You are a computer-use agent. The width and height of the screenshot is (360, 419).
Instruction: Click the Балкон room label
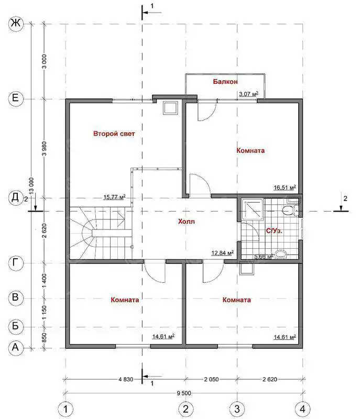pyautogui.click(x=225, y=82)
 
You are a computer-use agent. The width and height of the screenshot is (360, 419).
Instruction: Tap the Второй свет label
pyautogui.click(x=114, y=134)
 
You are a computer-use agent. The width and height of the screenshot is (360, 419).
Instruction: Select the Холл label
pyautogui.click(x=186, y=222)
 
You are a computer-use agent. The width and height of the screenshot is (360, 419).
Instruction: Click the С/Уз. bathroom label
pyautogui.click(x=274, y=231)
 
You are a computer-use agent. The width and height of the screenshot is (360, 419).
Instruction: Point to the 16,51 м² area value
pyautogui.click(x=285, y=188)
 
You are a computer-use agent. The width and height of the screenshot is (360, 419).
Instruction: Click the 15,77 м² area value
pyautogui.click(x=114, y=197)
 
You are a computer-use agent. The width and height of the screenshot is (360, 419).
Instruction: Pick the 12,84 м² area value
pyautogui.click(x=222, y=252)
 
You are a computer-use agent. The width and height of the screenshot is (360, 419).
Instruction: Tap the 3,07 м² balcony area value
pyautogui.click(x=248, y=94)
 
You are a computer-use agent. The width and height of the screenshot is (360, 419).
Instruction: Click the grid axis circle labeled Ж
pyautogui.click(x=16, y=24)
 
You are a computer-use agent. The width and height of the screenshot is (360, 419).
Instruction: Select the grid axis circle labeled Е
pyautogui.click(x=16, y=98)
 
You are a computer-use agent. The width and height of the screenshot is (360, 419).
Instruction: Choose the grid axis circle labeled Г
pyautogui.click(x=16, y=263)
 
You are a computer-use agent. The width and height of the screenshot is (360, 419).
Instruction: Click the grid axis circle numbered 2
pyautogui.click(x=186, y=409)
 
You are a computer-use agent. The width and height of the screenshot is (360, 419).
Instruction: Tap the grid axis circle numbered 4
pyautogui.click(x=302, y=409)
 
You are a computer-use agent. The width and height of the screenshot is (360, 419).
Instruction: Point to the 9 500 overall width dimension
pyautogui.click(x=184, y=393)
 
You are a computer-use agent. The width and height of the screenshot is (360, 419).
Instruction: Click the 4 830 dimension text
pyautogui.click(x=126, y=379)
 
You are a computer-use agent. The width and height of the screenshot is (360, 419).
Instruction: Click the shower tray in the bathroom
pyautogui.click(x=252, y=209)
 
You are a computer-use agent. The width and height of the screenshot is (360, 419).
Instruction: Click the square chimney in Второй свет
pyautogui.click(x=170, y=108)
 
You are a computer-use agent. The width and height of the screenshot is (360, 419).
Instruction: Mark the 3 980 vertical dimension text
pyautogui.click(x=45, y=149)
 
